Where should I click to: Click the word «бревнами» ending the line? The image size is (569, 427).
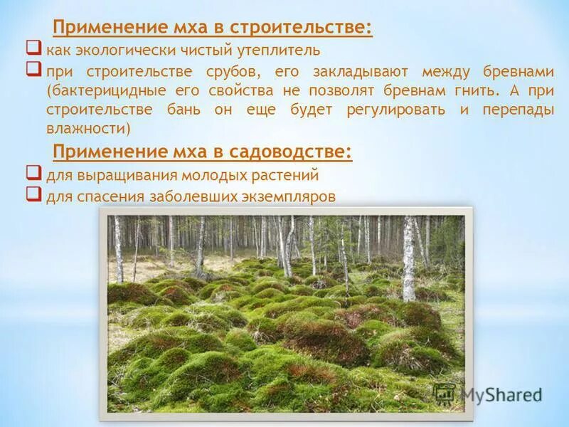pos(519,71)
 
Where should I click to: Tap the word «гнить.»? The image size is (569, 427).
pos(468,91)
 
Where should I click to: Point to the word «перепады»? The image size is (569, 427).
pos(520,110)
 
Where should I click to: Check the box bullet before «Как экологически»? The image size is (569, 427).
pos(33,48)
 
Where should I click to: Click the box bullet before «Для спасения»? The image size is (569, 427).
pos(33,194)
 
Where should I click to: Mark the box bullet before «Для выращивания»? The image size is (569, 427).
pos(33,172)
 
